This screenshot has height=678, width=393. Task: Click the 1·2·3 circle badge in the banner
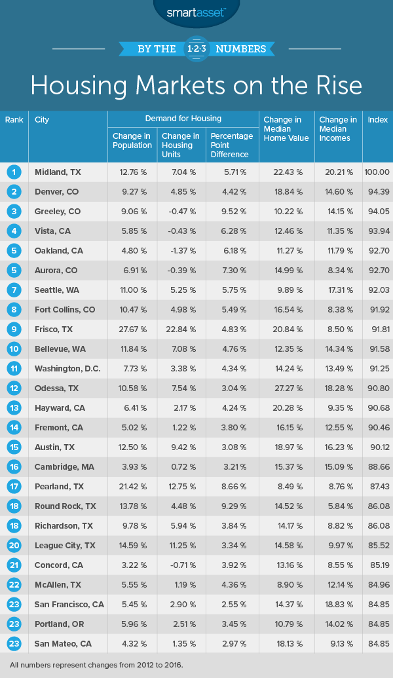point(196,48)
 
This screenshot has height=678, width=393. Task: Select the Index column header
point(377,120)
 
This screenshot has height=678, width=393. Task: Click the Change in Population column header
point(132,141)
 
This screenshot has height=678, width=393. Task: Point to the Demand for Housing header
point(183,119)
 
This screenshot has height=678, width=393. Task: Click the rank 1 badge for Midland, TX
point(14,172)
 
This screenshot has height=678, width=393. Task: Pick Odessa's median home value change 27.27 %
point(287,388)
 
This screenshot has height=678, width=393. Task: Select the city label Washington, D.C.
point(67,369)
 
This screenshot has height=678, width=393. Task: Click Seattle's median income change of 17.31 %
point(339,290)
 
